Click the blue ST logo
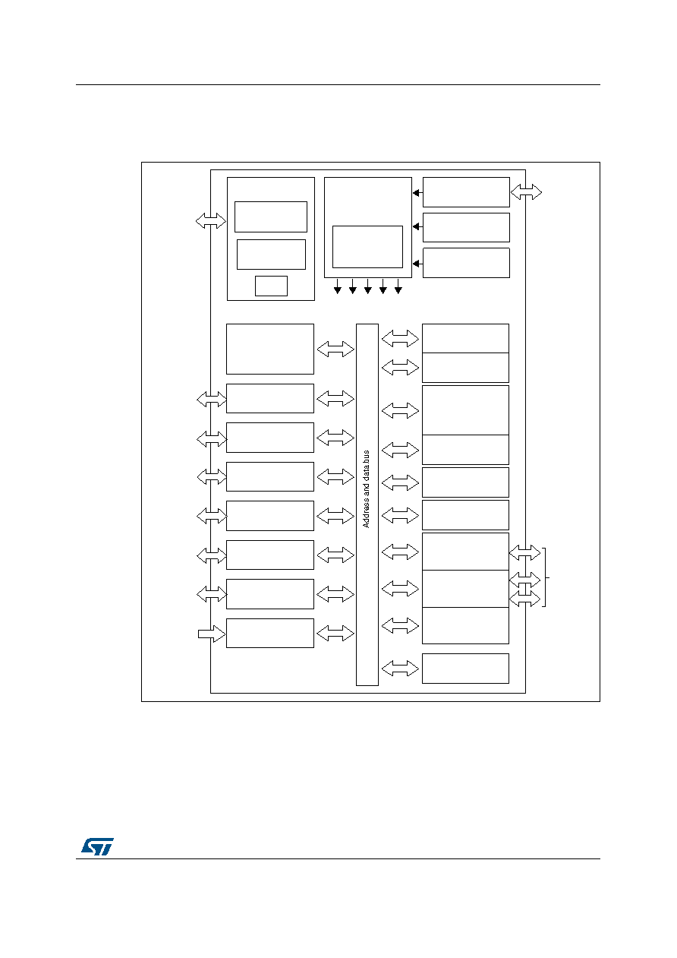(97, 846)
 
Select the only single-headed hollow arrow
(212, 634)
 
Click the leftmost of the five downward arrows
(338, 286)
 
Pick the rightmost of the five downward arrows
(398, 286)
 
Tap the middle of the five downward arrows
(368, 286)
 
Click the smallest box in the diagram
(271, 286)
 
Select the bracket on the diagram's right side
(545, 577)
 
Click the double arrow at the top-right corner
(526, 192)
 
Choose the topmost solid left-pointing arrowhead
(416, 193)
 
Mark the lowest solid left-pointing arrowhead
(416, 264)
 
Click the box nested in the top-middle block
(367, 247)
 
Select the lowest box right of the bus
(465, 668)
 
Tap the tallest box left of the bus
(270, 349)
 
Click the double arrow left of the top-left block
(210, 220)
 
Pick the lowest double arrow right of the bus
(400, 668)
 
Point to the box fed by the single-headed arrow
(270, 633)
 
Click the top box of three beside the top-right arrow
(466, 192)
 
